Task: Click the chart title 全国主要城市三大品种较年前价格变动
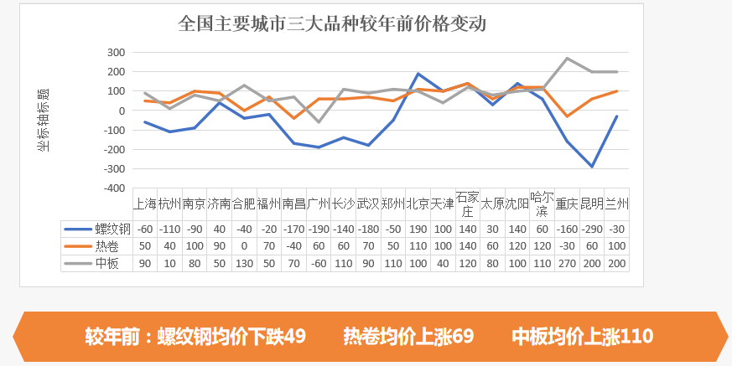332,23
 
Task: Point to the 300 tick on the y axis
116,53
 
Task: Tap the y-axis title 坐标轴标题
43,120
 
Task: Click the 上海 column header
145,204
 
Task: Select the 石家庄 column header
467,204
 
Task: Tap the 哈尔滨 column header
542,204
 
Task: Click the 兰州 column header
617,204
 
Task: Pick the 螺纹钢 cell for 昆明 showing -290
592,229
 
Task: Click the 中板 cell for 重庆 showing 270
567,264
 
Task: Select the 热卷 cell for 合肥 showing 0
244,246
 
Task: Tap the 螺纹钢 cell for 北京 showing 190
418,229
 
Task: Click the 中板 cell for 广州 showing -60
319,264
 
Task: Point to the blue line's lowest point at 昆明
592,167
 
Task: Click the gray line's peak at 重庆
568,59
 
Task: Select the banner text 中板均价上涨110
583,337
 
